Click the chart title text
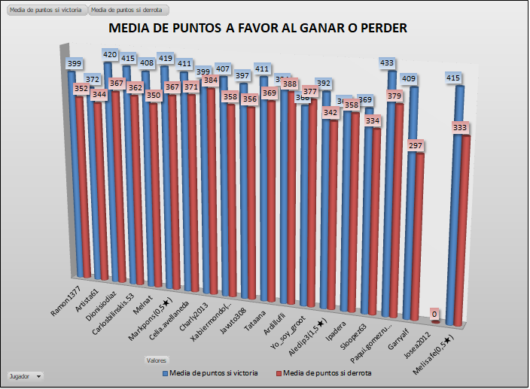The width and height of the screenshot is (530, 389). [x=258, y=29]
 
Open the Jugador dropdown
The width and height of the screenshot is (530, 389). [x=25, y=375]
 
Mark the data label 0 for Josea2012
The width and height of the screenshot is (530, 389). [x=434, y=314]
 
